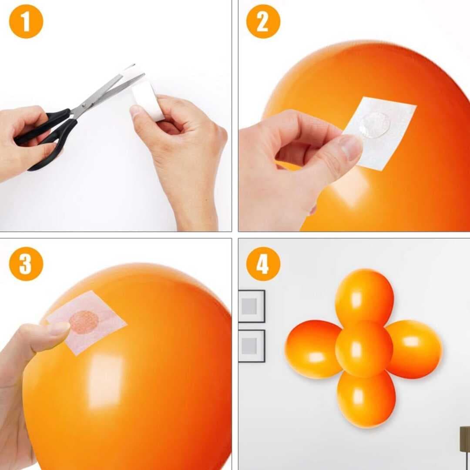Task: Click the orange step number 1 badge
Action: click(x=26, y=21)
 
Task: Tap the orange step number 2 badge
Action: click(x=263, y=21)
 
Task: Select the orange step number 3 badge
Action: click(x=26, y=264)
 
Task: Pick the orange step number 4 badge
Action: click(x=263, y=264)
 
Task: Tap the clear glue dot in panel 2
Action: click(x=374, y=124)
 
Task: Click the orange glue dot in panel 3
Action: click(x=84, y=322)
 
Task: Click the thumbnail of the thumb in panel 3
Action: click(x=58, y=328)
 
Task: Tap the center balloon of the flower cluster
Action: click(x=364, y=349)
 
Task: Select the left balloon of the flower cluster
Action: click(x=312, y=349)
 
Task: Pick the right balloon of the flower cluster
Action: click(x=414, y=348)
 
